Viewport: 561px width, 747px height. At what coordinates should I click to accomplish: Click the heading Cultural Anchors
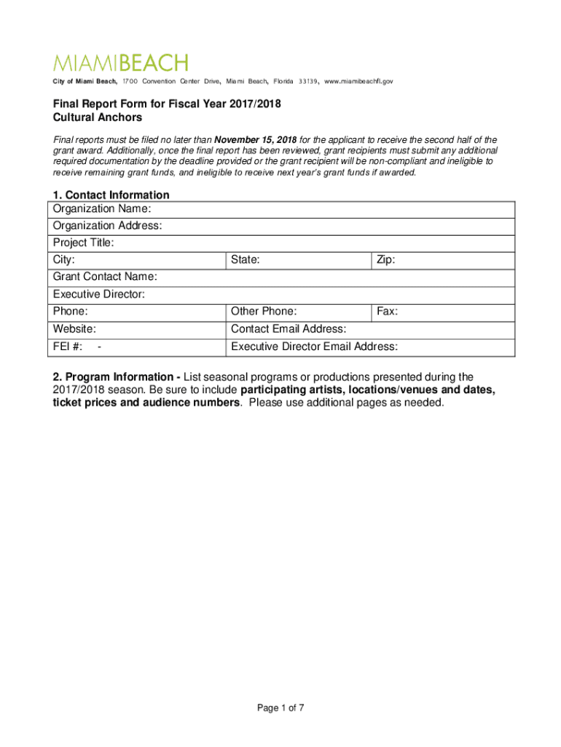coord(98,117)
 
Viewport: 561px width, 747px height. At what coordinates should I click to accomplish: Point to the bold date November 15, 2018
coord(256,139)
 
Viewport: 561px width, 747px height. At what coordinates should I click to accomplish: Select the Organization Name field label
coord(102,209)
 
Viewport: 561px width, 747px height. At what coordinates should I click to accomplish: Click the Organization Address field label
coord(107,226)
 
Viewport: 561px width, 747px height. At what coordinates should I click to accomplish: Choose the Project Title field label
coord(84,243)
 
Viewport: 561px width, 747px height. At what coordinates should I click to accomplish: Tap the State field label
coord(246,260)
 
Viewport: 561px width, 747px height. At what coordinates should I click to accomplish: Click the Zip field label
coord(386,260)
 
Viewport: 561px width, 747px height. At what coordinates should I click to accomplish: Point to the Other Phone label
coord(264,311)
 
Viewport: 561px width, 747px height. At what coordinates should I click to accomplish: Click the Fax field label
coord(387,311)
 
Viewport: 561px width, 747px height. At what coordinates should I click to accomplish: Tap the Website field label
coord(74,329)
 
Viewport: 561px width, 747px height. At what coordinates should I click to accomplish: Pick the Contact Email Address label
coord(289,329)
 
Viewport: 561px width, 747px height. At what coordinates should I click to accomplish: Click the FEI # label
coord(68,347)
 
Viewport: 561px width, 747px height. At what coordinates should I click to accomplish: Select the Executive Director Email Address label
coord(314,347)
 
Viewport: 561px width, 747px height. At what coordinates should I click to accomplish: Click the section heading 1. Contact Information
coord(111,195)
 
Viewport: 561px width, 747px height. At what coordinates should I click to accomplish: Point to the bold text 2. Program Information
coord(113,377)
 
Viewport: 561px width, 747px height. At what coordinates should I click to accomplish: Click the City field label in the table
coord(64,260)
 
